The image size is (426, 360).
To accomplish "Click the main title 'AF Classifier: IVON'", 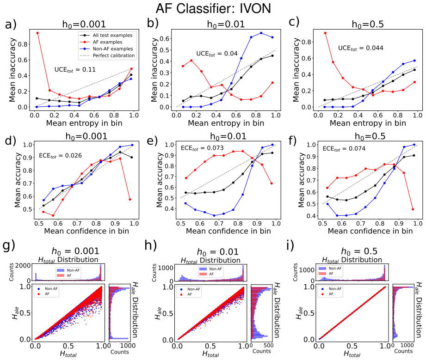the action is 213,8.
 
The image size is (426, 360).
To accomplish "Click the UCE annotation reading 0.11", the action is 75,70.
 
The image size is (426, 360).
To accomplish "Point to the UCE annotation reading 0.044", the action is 360,49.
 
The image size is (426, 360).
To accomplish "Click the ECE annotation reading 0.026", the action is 60,156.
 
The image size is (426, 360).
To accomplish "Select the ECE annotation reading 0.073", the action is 202,148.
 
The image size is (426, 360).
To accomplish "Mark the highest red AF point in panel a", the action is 37,33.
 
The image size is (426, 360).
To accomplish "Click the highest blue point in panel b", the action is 261,33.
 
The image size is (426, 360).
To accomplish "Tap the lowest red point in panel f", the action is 413,209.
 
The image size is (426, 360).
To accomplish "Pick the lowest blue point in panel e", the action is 214,215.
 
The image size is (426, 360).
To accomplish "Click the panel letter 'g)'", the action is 8,246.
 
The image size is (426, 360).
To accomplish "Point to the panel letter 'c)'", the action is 294,22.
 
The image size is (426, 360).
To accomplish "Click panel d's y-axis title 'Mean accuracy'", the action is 18,180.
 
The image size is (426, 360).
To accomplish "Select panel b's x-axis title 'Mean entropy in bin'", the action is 226,123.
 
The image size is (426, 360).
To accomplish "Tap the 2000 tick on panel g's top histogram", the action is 23,266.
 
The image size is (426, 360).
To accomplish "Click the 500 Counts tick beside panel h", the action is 268,345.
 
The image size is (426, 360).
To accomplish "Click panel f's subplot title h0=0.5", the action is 370,136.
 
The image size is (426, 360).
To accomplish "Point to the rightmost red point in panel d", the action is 130,200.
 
